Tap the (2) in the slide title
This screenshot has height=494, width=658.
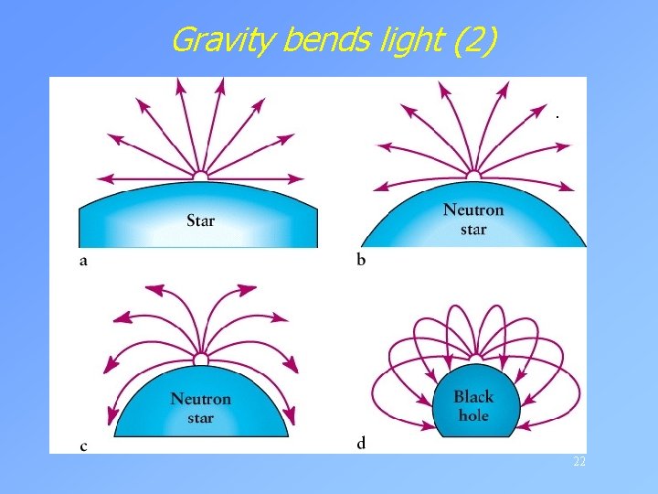[x=478, y=40]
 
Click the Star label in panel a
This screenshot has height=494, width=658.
[x=200, y=220]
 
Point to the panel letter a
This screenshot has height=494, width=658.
[x=84, y=261]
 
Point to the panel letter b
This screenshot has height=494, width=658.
[x=361, y=261]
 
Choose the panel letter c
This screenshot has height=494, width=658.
[x=84, y=446]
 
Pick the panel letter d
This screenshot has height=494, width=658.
[x=361, y=444]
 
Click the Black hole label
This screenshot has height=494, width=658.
[x=472, y=405]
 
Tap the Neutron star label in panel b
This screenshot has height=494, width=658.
[x=472, y=219]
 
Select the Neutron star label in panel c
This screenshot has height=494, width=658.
[x=200, y=408]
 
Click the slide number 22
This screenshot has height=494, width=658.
[x=578, y=462]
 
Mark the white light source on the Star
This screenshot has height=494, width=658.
[x=200, y=174]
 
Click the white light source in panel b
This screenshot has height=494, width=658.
[x=473, y=175]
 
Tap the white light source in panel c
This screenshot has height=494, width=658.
[x=200, y=360]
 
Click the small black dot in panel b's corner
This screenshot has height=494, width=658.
[x=556, y=117]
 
